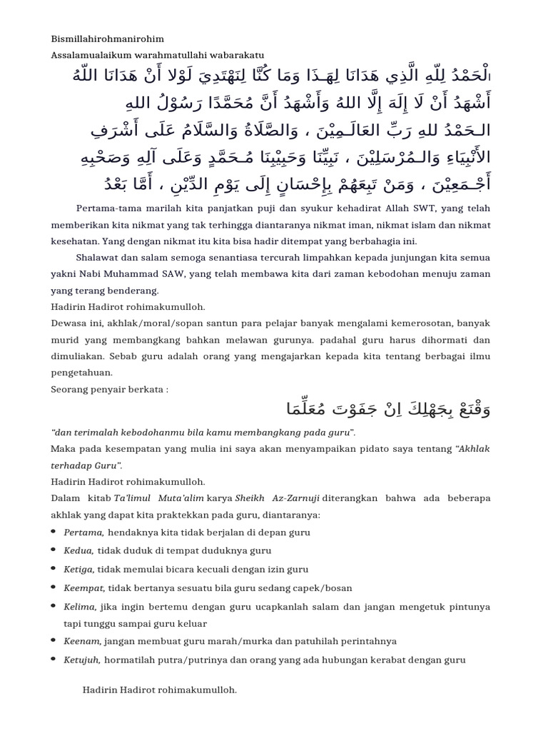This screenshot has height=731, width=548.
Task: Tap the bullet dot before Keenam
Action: [x=56, y=642]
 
